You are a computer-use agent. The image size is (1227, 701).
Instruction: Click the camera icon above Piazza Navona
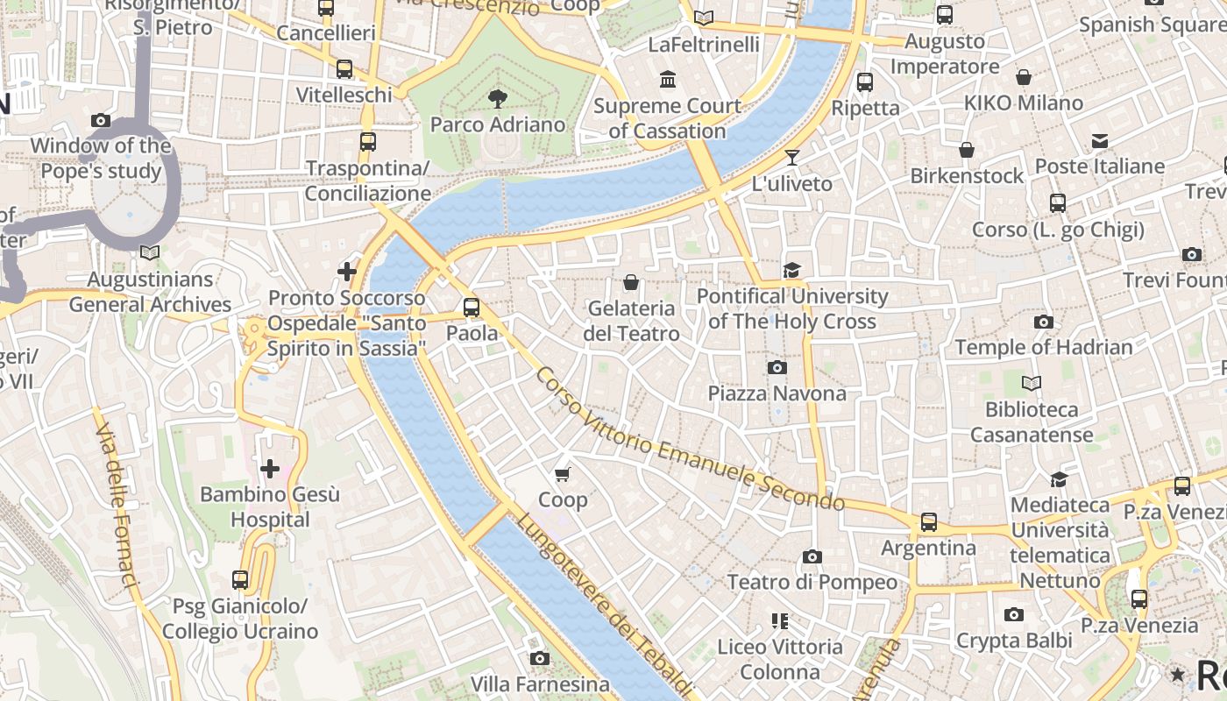click(777, 367)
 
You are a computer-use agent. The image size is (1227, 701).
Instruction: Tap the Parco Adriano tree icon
click(498, 97)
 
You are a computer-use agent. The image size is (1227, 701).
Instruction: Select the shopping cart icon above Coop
click(563, 474)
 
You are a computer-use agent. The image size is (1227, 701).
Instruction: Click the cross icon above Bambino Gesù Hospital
click(270, 469)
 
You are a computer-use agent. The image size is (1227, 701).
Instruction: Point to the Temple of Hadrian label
click(1044, 347)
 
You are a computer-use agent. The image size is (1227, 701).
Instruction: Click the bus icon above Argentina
click(929, 522)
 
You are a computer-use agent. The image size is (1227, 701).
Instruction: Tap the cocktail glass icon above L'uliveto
click(792, 158)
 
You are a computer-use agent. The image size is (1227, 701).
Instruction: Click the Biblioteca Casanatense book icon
click(1032, 383)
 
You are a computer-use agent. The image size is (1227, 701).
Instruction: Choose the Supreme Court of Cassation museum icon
click(669, 80)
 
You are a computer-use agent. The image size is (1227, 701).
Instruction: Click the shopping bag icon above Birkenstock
click(967, 150)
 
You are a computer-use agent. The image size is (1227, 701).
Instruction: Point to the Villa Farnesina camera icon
click(540, 658)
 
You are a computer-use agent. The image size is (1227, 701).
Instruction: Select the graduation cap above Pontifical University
click(792, 270)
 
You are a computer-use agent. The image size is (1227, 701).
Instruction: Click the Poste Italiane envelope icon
click(1100, 140)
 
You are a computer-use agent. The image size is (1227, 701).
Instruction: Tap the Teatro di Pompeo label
click(812, 582)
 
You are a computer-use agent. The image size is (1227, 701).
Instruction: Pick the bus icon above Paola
click(472, 308)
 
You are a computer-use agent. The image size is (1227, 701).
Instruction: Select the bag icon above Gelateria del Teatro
click(630, 282)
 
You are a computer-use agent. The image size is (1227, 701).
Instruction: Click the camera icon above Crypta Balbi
click(1014, 615)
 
